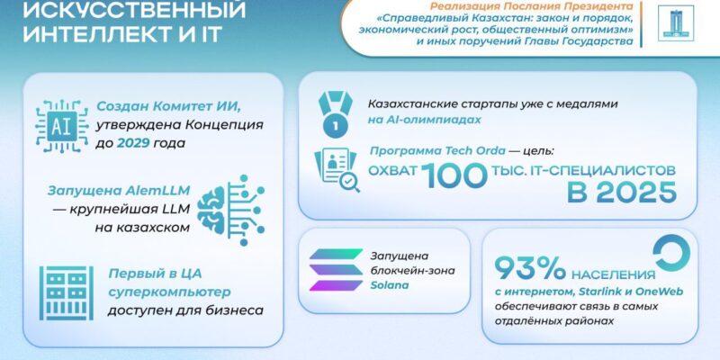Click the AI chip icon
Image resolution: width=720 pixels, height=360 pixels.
pos(62,125)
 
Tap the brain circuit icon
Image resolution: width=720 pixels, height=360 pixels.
pos(231,210)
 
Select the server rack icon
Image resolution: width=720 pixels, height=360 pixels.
pos(66,293)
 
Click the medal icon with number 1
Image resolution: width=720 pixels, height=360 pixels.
pos(335,115)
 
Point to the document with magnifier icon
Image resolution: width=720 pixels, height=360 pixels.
pos(337,170)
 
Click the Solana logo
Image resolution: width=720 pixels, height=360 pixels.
pos(336,269)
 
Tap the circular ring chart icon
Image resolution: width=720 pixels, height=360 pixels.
pos(670,253)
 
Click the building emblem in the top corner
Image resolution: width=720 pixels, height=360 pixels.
pos(676,23)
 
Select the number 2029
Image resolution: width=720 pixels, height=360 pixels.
pos(133,143)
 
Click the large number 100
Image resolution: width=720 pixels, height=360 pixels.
pos(454,175)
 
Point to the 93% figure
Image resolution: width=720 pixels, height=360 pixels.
pos(530,268)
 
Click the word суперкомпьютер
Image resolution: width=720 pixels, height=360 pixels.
pos(169,292)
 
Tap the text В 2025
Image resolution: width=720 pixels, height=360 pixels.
pos(622,193)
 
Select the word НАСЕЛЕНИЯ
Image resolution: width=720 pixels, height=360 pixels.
pos(613,275)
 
